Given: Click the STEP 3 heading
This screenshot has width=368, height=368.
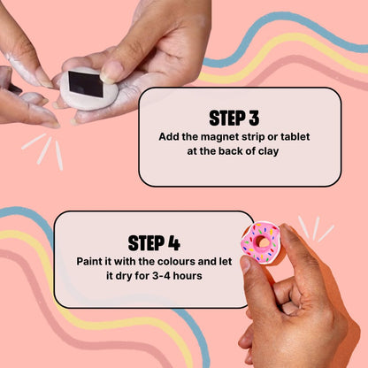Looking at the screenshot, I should pyautogui.click(x=239, y=117).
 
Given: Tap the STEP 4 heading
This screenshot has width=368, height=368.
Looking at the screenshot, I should pyautogui.click(x=154, y=242).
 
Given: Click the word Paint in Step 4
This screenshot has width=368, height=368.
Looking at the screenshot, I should pyautogui.click(x=95, y=262).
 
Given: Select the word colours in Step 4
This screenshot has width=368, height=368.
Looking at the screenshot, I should pyautogui.click(x=178, y=262).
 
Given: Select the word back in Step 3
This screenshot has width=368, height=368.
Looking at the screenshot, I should pyautogui.click(x=218, y=153).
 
